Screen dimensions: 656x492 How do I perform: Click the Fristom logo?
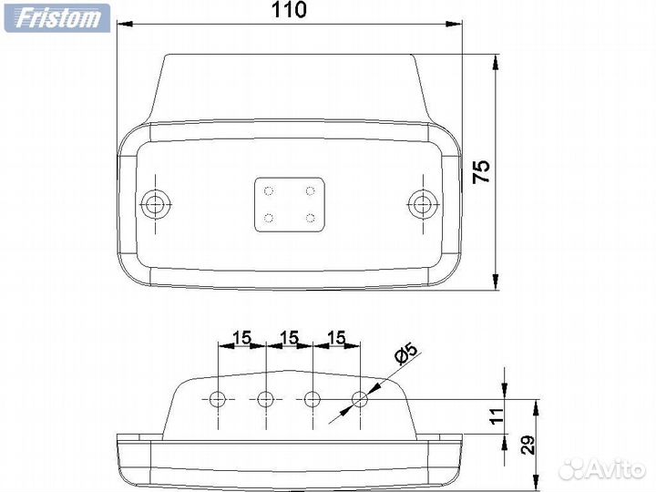coord(57,18)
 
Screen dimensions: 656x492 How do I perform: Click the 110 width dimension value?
coord(289,10)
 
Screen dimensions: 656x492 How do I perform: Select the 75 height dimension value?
coord(481,170)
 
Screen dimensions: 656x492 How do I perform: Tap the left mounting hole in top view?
coord(155,205)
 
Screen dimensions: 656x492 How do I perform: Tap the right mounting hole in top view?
coord(422,205)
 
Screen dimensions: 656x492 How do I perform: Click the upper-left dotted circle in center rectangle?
coord(269,191)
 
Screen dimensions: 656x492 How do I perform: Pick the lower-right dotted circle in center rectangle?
coord(310,218)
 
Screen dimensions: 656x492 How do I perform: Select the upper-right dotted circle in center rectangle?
coord(310,191)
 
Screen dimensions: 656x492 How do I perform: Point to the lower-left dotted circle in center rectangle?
coord(269,218)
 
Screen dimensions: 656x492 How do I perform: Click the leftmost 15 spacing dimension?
coord(241,338)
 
